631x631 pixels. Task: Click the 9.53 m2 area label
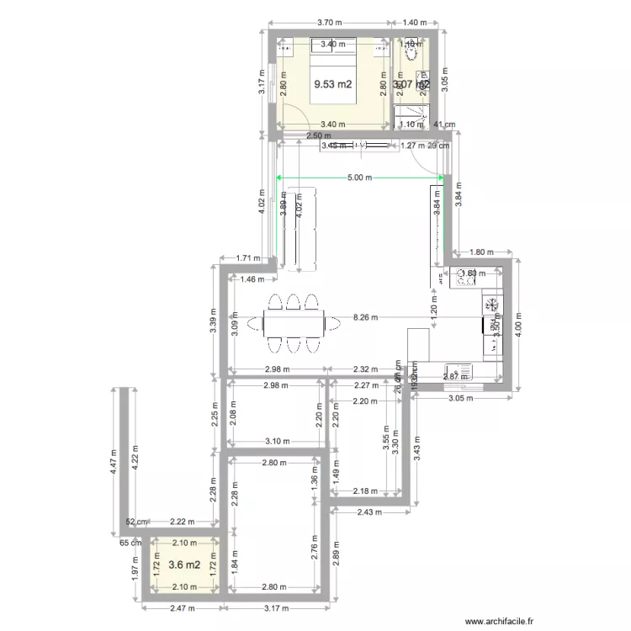point(333,84)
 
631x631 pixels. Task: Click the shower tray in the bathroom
point(412,115)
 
